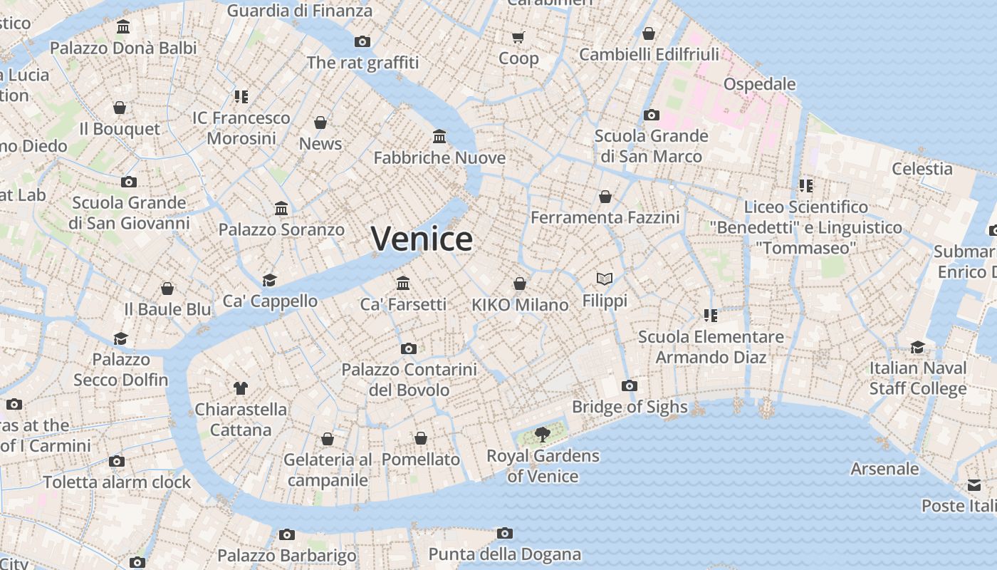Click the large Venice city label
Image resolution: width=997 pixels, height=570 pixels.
click(x=422, y=239)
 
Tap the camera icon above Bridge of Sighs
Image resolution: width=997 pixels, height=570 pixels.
click(x=629, y=385)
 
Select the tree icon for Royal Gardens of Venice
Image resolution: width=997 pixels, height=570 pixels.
click(x=543, y=434)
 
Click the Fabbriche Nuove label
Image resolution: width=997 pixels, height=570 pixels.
click(x=439, y=157)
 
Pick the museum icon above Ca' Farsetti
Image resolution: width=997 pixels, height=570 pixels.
click(x=403, y=283)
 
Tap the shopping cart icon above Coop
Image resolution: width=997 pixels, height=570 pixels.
click(x=518, y=37)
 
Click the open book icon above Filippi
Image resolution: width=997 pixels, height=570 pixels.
click(x=605, y=279)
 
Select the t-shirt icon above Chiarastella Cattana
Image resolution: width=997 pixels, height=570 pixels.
click(x=240, y=388)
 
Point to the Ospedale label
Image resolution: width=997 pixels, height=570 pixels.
click(x=759, y=84)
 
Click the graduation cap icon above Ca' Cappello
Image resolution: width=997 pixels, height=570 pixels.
click(x=269, y=280)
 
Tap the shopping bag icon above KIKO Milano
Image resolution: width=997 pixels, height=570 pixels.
click(x=520, y=284)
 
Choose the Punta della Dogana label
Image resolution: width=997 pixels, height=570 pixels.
click(x=504, y=554)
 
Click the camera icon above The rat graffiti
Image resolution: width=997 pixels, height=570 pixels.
click(x=362, y=41)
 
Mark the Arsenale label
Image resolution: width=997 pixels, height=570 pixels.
click(x=884, y=469)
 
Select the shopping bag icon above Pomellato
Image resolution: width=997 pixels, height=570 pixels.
click(x=421, y=438)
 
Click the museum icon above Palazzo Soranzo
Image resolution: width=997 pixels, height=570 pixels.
click(x=281, y=209)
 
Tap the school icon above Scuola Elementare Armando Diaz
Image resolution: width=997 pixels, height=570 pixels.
click(x=710, y=315)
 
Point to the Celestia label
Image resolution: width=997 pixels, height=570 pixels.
click(x=922, y=169)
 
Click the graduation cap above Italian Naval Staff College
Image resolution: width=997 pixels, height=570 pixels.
click(x=917, y=347)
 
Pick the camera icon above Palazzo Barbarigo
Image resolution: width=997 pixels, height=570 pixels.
click(x=287, y=534)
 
